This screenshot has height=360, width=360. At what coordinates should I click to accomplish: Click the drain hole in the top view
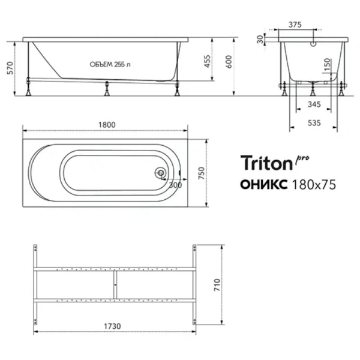[x=160, y=173]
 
